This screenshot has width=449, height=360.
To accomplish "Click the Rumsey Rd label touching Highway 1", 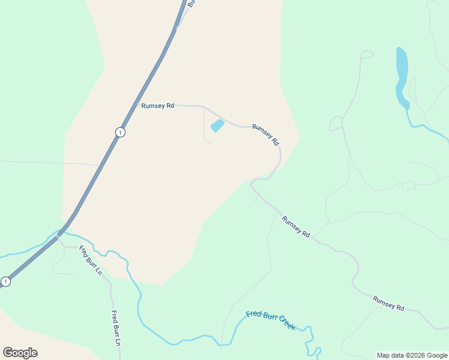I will click(x=158, y=106).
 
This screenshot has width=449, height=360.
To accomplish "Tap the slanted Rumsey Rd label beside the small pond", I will click(x=266, y=134).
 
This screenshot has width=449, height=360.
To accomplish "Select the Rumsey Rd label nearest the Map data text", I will click(x=388, y=303).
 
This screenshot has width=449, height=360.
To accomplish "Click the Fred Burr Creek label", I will click(x=271, y=320).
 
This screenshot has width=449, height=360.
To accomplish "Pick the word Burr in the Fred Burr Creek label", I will click(x=267, y=318).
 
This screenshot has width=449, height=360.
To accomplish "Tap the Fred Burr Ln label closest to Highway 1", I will click(x=91, y=260).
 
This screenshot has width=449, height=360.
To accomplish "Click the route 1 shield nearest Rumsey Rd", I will click(x=121, y=132).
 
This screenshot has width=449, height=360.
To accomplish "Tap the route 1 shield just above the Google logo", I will click(x=5, y=281).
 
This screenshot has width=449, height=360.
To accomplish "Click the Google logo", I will click(x=20, y=353).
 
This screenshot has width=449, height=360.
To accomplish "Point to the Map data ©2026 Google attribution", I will click(x=412, y=355).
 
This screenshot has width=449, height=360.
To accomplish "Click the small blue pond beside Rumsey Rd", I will click(x=217, y=126).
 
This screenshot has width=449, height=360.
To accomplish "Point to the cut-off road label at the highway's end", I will click(x=191, y=3).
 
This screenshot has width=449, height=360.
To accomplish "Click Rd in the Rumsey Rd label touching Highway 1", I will click(x=170, y=106).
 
